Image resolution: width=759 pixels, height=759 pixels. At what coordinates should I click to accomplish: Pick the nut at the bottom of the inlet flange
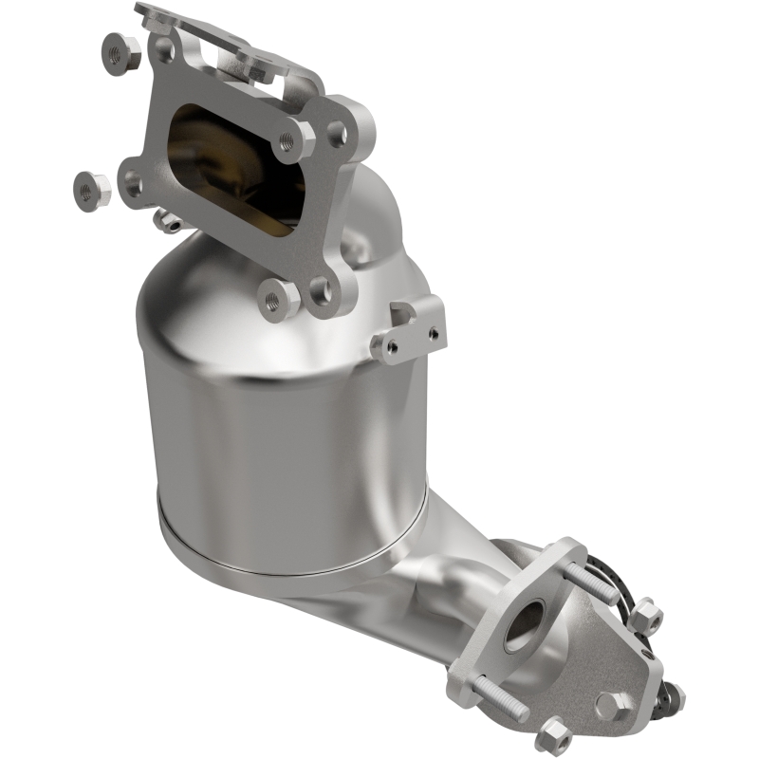pos(278,299)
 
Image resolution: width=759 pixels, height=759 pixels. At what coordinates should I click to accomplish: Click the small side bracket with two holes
pos(410,330)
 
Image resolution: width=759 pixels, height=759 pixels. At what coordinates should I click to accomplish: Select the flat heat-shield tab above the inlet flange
pos(218,38)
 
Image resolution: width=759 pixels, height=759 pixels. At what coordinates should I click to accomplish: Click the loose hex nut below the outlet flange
pos(552,735)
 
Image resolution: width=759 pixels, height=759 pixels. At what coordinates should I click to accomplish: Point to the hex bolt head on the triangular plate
pos(615,704)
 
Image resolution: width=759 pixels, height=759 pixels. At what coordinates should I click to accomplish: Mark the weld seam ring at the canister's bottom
pos(285,555)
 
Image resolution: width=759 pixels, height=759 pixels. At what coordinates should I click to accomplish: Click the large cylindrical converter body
pos(285,436)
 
